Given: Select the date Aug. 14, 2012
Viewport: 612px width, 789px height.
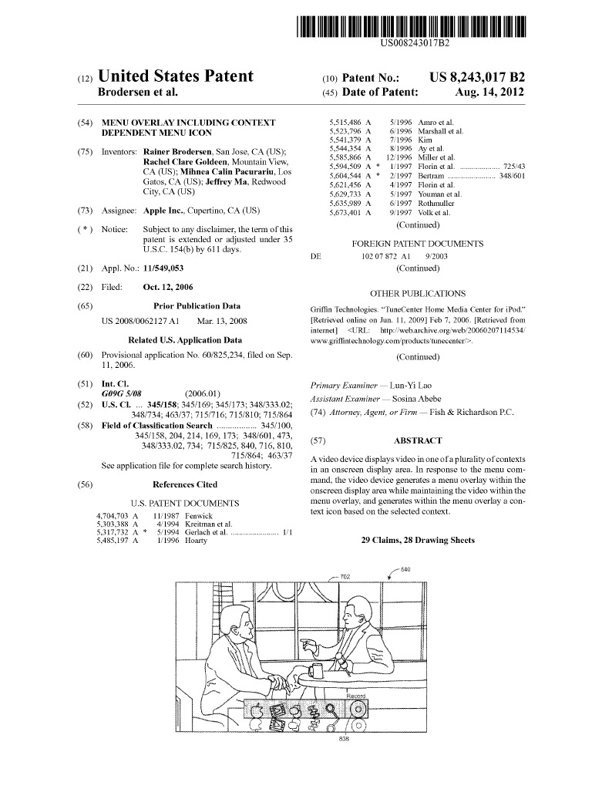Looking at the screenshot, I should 489,92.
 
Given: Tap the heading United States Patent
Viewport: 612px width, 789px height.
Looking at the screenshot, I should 176,76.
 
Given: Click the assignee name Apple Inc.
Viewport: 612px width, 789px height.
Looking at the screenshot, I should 166,211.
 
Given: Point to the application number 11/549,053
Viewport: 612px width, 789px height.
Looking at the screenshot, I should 163,268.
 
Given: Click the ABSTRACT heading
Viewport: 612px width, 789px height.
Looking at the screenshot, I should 418,441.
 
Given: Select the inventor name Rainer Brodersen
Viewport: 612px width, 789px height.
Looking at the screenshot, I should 178,151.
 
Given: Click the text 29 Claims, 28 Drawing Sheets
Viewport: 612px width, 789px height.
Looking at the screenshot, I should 418,541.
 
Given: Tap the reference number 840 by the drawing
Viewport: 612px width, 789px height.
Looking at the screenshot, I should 405,569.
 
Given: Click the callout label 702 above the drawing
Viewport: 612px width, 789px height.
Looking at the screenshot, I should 345,576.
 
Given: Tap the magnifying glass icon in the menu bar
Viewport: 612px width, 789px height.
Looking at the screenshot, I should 331,709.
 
